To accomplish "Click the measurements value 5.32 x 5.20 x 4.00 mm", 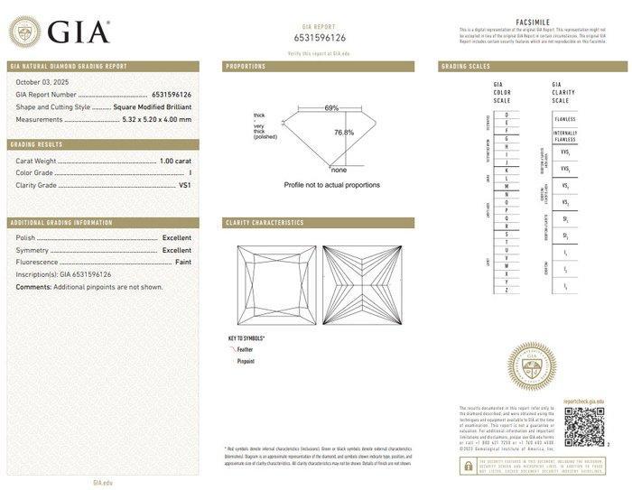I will pyautogui.click(x=157, y=118).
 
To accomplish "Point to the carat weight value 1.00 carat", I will pyautogui.click(x=175, y=160).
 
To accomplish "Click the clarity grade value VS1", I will pyautogui.click(x=184, y=184).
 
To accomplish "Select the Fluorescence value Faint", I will pyautogui.click(x=182, y=261).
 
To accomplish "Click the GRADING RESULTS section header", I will pyautogui.click(x=36, y=144).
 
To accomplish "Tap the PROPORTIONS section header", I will pyautogui.click(x=246, y=67).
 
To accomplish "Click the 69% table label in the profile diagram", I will pyautogui.click(x=332, y=108).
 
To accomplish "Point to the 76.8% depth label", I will pyautogui.click(x=343, y=133).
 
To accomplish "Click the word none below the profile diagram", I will pyautogui.click(x=339, y=170).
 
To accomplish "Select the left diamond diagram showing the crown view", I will pyautogui.click(x=274, y=286).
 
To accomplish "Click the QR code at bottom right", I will pyautogui.click(x=582, y=426).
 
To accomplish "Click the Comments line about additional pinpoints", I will pyautogui.click(x=89, y=286).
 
